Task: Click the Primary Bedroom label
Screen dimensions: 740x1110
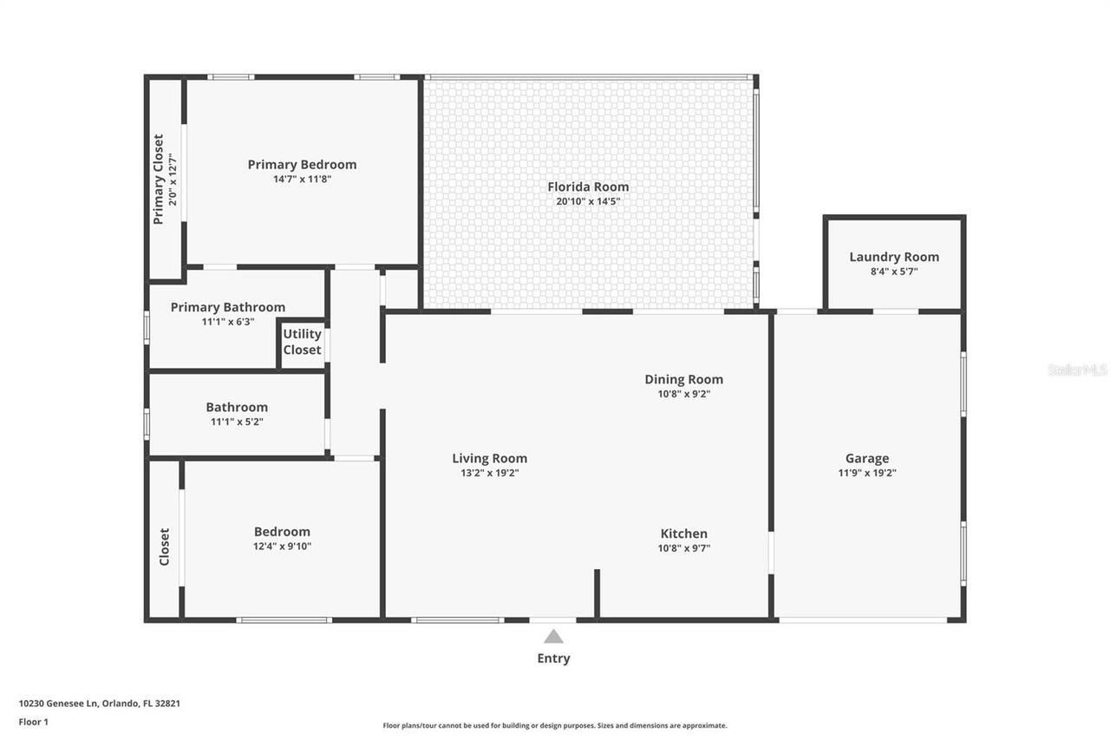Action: click(x=302, y=164)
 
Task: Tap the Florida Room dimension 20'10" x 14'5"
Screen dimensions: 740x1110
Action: click(x=588, y=201)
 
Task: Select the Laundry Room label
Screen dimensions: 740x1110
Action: click(x=893, y=257)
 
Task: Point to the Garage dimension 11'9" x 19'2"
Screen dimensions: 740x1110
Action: click(x=867, y=473)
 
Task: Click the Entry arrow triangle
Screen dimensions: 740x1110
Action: click(x=553, y=637)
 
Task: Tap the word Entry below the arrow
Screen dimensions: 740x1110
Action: click(x=553, y=658)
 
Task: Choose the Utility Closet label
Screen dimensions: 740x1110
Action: click(x=302, y=342)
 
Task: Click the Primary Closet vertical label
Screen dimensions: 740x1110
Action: click(x=159, y=179)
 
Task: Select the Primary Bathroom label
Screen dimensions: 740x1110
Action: click(x=227, y=307)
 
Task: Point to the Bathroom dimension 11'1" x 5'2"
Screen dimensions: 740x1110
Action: click(x=236, y=422)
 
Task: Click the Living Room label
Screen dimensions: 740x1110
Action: click(x=489, y=458)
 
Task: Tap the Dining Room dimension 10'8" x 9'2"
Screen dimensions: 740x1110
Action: click(x=683, y=393)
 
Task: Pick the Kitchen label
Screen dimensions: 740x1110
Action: click(x=683, y=534)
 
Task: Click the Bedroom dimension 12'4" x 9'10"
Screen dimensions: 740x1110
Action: click(x=282, y=546)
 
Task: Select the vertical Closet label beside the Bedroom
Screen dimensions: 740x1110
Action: click(x=165, y=547)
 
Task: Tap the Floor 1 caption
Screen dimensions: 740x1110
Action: click(x=33, y=721)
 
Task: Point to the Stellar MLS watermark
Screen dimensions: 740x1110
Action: click(x=1077, y=370)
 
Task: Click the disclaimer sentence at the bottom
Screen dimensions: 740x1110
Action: click(x=555, y=725)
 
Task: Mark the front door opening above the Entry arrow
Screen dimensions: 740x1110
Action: click(x=552, y=619)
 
